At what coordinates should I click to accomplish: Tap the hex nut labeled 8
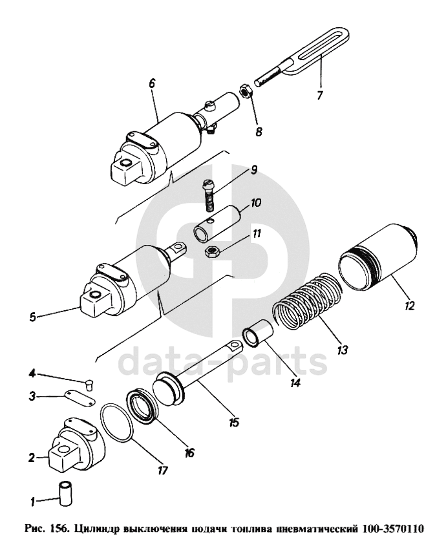pyautogui.click(x=246, y=92)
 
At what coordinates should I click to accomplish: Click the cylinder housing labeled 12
pyautogui.click(x=378, y=257)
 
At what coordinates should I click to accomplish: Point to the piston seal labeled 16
pyautogui.click(x=143, y=406)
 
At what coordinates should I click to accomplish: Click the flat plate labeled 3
pyautogui.click(x=80, y=399)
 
